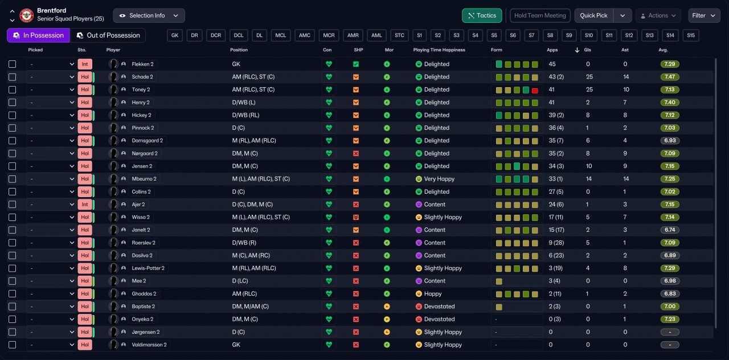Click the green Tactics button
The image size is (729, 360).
pos(482,15)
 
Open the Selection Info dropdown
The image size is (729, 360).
pos(149,15)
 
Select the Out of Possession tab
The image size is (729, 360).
pos(108,35)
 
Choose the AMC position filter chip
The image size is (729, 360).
pos(304,35)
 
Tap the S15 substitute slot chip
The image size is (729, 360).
pos(691,35)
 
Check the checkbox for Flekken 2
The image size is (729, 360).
pos(13,64)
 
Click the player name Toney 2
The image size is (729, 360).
pos(141,89)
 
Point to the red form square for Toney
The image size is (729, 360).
pos(535,91)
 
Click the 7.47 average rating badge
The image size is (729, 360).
pos(669,77)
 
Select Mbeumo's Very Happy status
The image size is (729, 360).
pos(439,179)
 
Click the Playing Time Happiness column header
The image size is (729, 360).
pos(439,50)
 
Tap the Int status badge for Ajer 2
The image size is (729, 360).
pos(85,204)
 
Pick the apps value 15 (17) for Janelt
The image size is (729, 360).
pos(556,230)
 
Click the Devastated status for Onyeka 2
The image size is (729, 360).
pos(439,320)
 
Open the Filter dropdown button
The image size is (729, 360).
pos(703,15)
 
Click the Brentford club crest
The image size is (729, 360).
pos(26,15)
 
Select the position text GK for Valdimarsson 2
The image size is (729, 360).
pos(236,345)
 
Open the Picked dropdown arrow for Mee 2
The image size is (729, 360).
pos(72,281)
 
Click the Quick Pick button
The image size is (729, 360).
pos(593,15)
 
